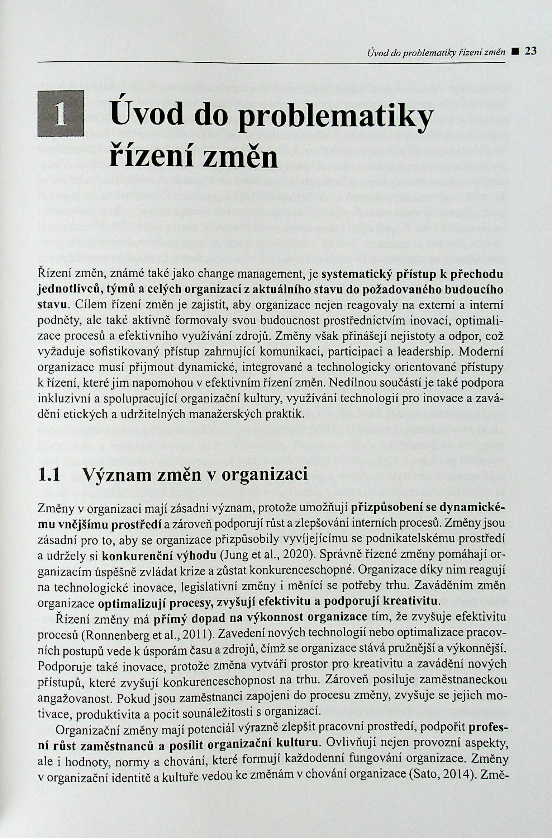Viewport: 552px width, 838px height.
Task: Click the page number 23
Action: click(x=530, y=51)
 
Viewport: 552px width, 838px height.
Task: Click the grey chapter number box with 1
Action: click(x=60, y=114)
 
